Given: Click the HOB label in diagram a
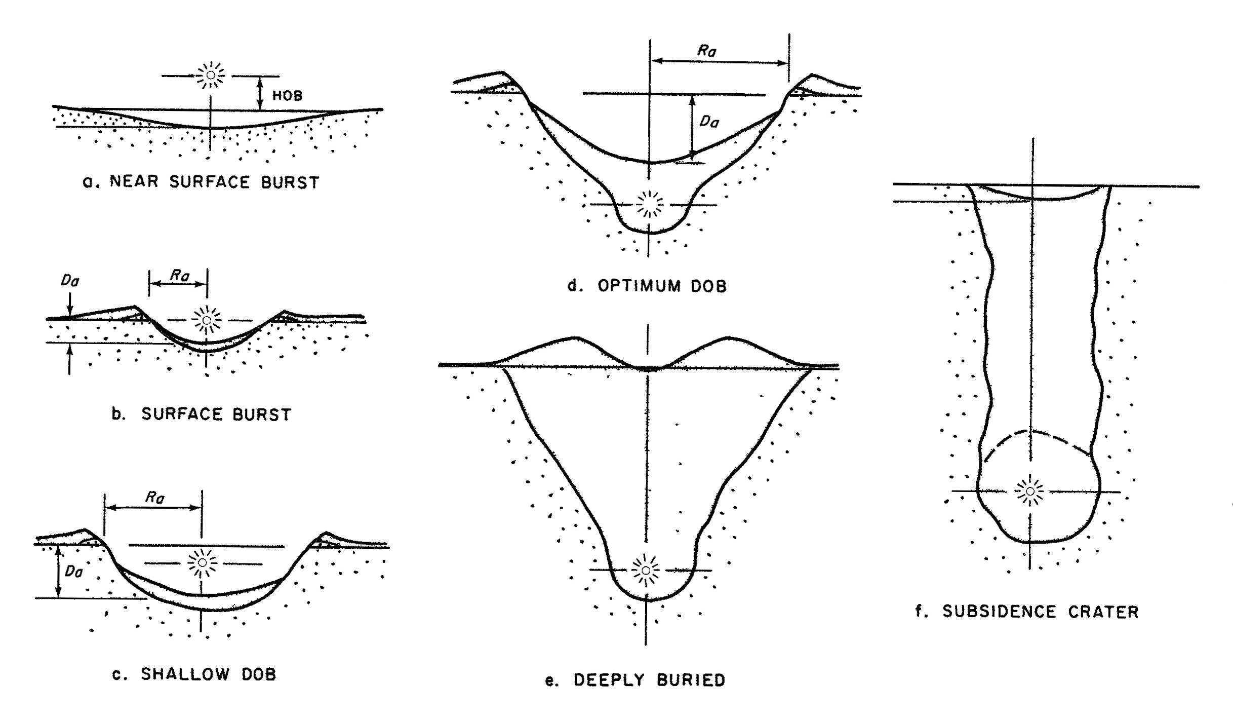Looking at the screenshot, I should [x=287, y=95].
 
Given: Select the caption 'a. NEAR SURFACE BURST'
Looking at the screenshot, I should [x=201, y=182].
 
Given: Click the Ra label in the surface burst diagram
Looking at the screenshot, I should [x=180, y=276].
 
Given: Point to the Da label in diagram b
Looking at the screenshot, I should [x=70, y=280].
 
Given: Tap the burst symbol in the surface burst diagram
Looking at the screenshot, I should [x=206, y=320].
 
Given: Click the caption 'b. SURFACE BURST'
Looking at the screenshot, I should [x=201, y=414].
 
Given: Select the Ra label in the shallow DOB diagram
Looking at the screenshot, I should [x=155, y=498].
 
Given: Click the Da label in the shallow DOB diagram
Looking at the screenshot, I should [x=74, y=572].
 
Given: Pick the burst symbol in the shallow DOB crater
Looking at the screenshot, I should [x=202, y=563].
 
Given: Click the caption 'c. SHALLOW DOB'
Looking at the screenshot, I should [x=194, y=674].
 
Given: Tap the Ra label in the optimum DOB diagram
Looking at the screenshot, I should [x=707, y=51].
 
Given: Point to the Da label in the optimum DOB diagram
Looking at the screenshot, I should [x=709, y=122].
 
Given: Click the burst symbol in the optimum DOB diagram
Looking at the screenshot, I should [x=649, y=204].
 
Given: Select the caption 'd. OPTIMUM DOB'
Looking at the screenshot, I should [x=647, y=286].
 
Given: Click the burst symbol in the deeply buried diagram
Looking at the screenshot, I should [x=646, y=571].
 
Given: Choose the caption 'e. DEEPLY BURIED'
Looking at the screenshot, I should [x=635, y=680].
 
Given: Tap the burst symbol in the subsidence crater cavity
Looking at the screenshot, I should [x=1029, y=491].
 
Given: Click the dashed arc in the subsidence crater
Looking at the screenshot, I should [x=1033, y=433].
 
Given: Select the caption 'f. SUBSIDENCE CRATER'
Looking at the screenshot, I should [x=1027, y=612].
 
